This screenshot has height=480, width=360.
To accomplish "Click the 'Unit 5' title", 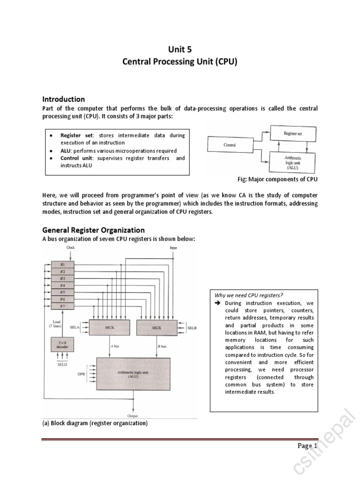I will pyautogui.click(x=180, y=49).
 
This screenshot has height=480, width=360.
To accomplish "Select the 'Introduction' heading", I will pyautogui.click(x=64, y=99).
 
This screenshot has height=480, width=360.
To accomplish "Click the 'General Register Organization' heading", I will pyautogui.click(x=93, y=230).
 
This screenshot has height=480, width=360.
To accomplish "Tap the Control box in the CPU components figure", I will pyautogui.click(x=230, y=145).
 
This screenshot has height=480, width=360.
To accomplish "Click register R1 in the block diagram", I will pyautogui.click(x=63, y=264).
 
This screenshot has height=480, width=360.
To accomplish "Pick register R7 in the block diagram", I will pyautogui.click(x=63, y=306).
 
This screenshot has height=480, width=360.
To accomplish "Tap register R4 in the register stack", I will pyautogui.click(x=63, y=285).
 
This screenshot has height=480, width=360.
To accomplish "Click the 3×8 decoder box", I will pyautogui.click(x=62, y=345).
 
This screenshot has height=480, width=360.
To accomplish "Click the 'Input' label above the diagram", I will pyautogui.click(x=173, y=247).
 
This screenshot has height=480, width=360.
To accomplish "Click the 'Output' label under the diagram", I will pyautogui.click(x=133, y=415).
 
